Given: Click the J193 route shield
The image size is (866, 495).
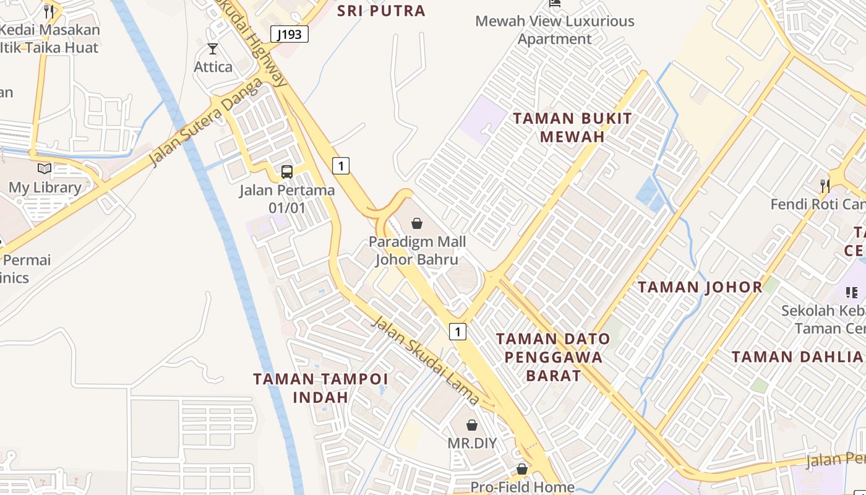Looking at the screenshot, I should (x=289, y=34).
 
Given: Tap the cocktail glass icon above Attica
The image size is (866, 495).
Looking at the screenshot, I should (x=213, y=49).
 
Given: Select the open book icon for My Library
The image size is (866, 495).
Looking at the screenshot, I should (x=45, y=168).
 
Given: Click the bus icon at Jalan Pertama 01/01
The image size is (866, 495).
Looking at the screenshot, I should (x=287, y=171).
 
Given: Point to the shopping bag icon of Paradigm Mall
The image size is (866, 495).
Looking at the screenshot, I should (x=417, y=223).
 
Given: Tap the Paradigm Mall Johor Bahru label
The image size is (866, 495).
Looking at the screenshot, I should (x=418, y=251).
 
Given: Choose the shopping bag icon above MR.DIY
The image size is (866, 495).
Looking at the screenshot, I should (x=472, y=425).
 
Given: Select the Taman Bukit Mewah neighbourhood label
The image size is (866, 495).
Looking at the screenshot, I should (x=572, y=127).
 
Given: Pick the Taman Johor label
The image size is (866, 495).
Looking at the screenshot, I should (x=700, y=287).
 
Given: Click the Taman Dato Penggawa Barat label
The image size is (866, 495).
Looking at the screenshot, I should (x=553, y=357).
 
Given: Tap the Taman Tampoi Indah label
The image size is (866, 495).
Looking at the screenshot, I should (x=320, y=388).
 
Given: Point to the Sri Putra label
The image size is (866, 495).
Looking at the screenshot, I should (x=381, y=11).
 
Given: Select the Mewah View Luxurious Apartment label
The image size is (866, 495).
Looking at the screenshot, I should (x=555, y=30).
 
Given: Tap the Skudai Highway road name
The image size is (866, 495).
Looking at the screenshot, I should (x=253, y=43).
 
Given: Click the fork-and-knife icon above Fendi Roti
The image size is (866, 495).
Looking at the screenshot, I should (x=825, y=184).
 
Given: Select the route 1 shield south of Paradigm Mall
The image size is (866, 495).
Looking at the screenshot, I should (x=457, y=332).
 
